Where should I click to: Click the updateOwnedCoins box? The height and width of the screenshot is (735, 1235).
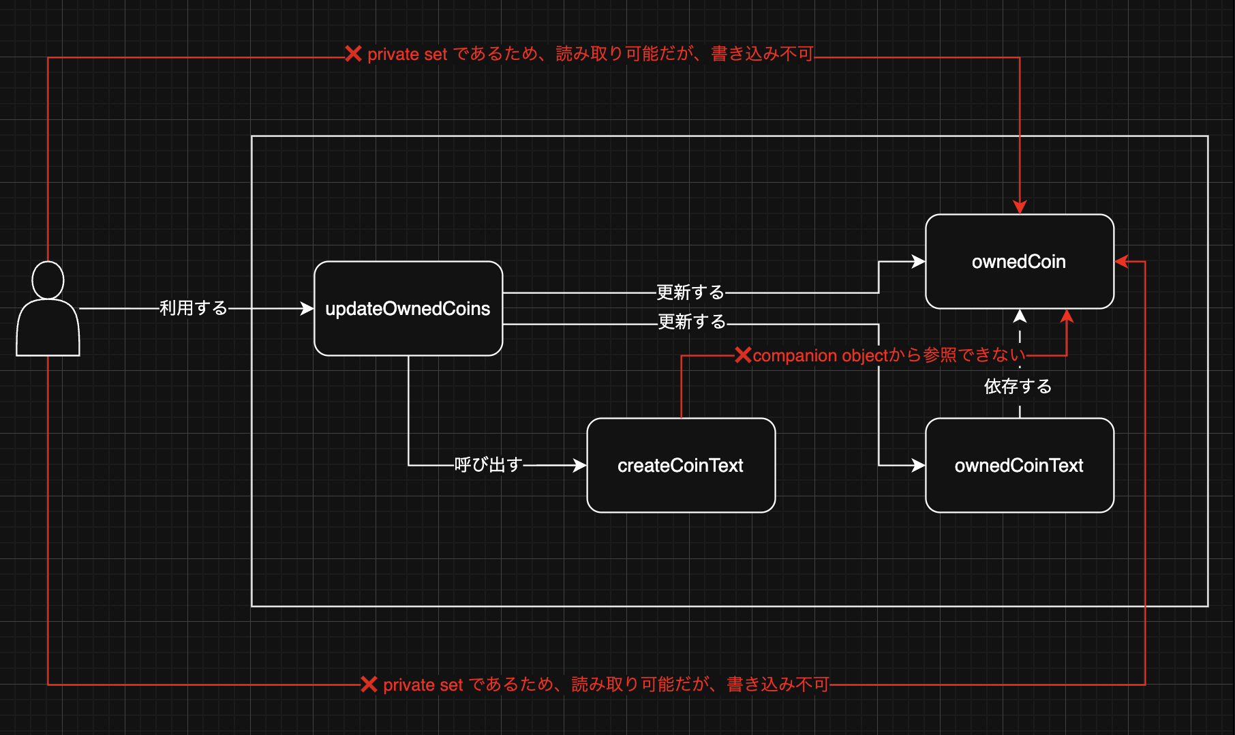point(408,308)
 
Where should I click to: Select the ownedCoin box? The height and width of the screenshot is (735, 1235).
point(1019,262)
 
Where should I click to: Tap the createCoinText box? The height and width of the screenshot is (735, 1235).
point(680,465)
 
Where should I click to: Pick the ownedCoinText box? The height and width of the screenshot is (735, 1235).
point(1019,465)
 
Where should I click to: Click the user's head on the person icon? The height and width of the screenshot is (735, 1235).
point(48,280)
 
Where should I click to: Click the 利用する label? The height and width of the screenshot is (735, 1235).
point(194,308)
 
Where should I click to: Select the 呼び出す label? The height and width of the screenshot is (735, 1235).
point(488,465)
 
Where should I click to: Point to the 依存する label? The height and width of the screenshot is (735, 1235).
point(1018,387)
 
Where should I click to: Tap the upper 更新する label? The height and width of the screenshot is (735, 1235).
point(690,292)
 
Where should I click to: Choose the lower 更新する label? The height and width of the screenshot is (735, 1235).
point(692,322)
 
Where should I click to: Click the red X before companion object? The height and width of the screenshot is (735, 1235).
point(743,355)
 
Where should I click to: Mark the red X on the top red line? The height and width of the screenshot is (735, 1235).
point(353,54)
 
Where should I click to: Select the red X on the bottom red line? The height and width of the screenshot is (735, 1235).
point(369,684)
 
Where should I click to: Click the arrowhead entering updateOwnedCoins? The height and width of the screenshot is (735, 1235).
point(307,309)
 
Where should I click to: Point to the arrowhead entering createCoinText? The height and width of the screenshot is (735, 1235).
point(580,465)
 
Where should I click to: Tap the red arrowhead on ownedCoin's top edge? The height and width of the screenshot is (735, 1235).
point(1020,207)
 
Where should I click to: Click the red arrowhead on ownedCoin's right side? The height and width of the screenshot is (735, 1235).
point(1122,262)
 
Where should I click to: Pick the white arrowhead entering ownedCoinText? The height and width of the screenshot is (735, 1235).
point(919,465)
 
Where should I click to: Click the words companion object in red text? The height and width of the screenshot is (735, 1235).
point(820,356)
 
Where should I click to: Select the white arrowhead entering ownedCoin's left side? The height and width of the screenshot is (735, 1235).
point(919,262)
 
